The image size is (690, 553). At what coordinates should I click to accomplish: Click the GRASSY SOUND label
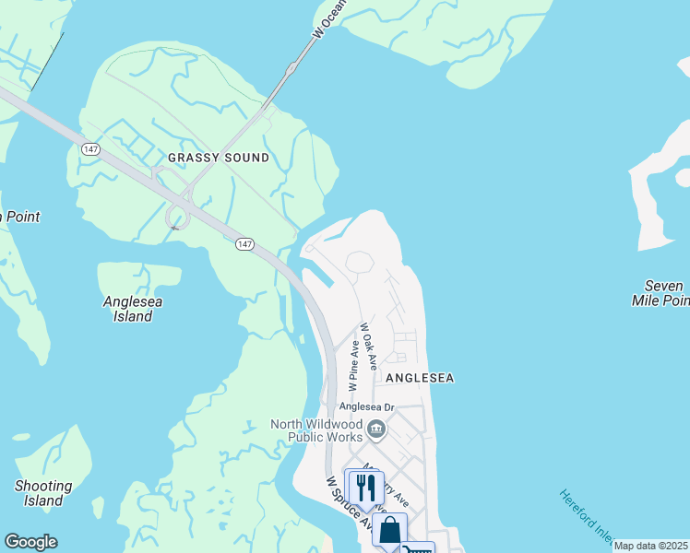tap(219, 158)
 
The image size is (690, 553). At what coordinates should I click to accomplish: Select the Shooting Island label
tap(43, 493)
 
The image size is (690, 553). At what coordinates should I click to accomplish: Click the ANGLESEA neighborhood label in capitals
tap(420, 378)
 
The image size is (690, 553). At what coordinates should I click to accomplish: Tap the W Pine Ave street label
tap(352, 362)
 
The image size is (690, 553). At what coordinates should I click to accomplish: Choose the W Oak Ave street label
tap(368, 347)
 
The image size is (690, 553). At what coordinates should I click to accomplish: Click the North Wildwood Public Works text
tap(318, 430)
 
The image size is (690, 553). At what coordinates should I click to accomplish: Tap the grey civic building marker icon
tap(376, 429)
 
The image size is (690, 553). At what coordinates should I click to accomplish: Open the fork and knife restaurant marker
tap(366, 488)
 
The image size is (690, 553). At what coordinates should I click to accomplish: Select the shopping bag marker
tap(389, 531)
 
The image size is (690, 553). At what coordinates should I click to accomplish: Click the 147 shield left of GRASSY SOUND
tap(89, 148)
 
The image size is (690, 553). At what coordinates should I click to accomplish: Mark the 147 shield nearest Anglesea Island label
tap(244, 243)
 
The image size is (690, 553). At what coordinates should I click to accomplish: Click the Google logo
tap(30, 542)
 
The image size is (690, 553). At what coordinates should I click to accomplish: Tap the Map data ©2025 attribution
tap(650, 546)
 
